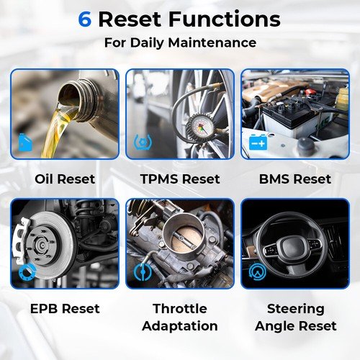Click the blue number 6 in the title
coord(85,19)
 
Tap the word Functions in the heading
coord(225,19)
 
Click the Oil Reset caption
coord(65,179)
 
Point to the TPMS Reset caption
coord(180,179)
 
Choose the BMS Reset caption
coord(295,179)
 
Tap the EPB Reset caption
coord(65,309)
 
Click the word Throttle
coord(180,309)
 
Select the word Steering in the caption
coord(296,309)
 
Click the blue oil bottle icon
coord(25,143)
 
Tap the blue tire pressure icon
coord(143,142)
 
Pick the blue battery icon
coord(258,142)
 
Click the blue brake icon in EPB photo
coord(27,272)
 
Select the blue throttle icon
coord(143,272)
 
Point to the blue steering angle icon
coord(258,272)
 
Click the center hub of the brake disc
coord(41,246)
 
